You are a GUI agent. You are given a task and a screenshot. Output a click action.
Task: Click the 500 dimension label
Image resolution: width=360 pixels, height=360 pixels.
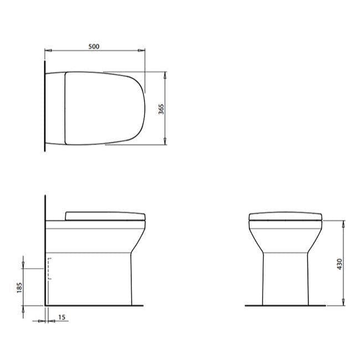click(x=94, y=47)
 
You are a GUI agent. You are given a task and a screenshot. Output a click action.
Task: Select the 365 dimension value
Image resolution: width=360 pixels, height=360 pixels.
click(x=161, y=109)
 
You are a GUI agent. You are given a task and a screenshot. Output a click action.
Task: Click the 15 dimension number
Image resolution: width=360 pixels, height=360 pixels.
click(x=61, y=317)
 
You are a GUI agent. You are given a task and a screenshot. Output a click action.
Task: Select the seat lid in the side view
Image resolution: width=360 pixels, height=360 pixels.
click(x=105, y=215)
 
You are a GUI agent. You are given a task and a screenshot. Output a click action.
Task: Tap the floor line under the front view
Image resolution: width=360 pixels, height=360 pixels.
click(x=285, y=305)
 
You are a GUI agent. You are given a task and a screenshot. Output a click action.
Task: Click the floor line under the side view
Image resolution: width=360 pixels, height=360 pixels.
click(x=94, y=305)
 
